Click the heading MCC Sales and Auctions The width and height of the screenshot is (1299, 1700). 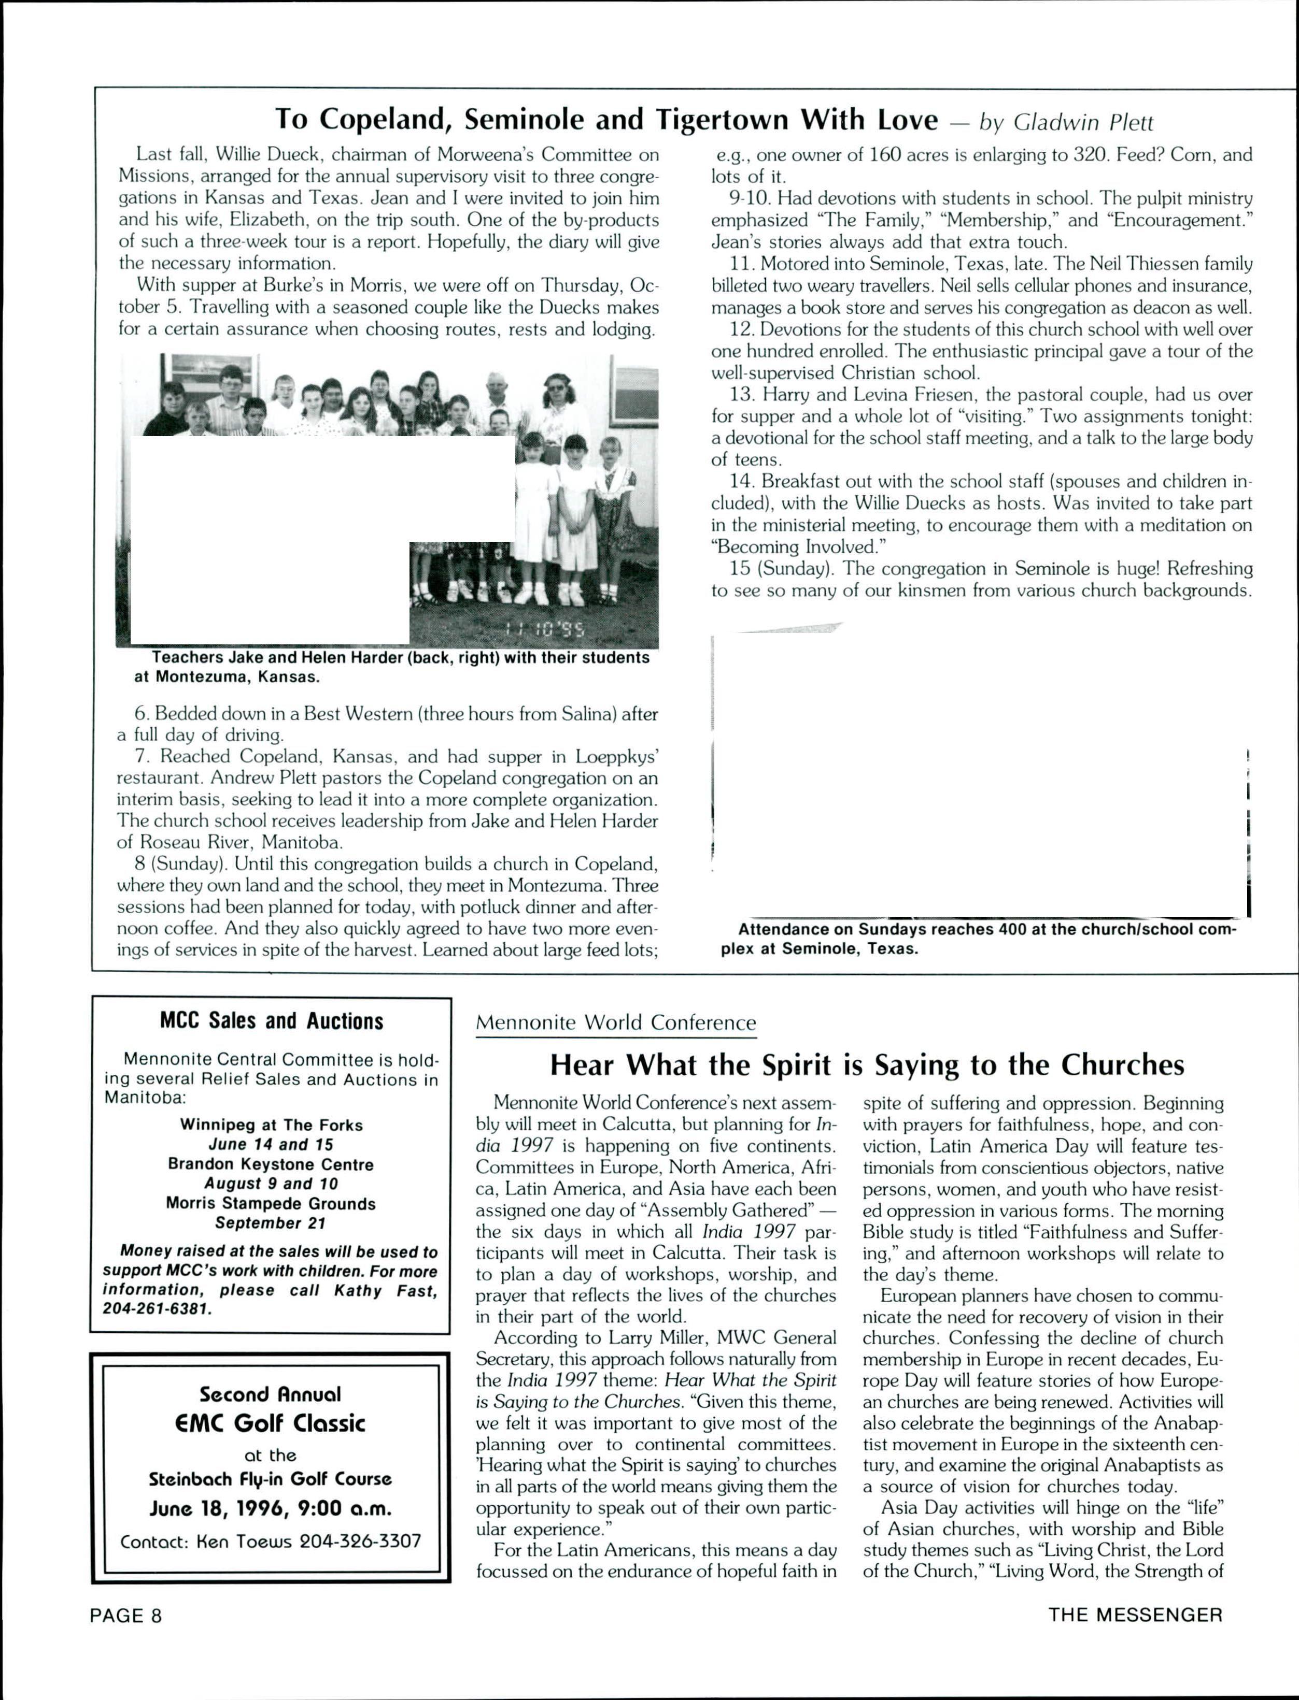pos(272,1021)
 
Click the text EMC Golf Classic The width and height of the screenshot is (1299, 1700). pos(271,1423)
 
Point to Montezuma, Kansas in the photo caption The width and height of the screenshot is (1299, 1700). pos(228,677)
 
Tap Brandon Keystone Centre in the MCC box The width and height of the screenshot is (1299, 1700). pos(271,1164)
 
